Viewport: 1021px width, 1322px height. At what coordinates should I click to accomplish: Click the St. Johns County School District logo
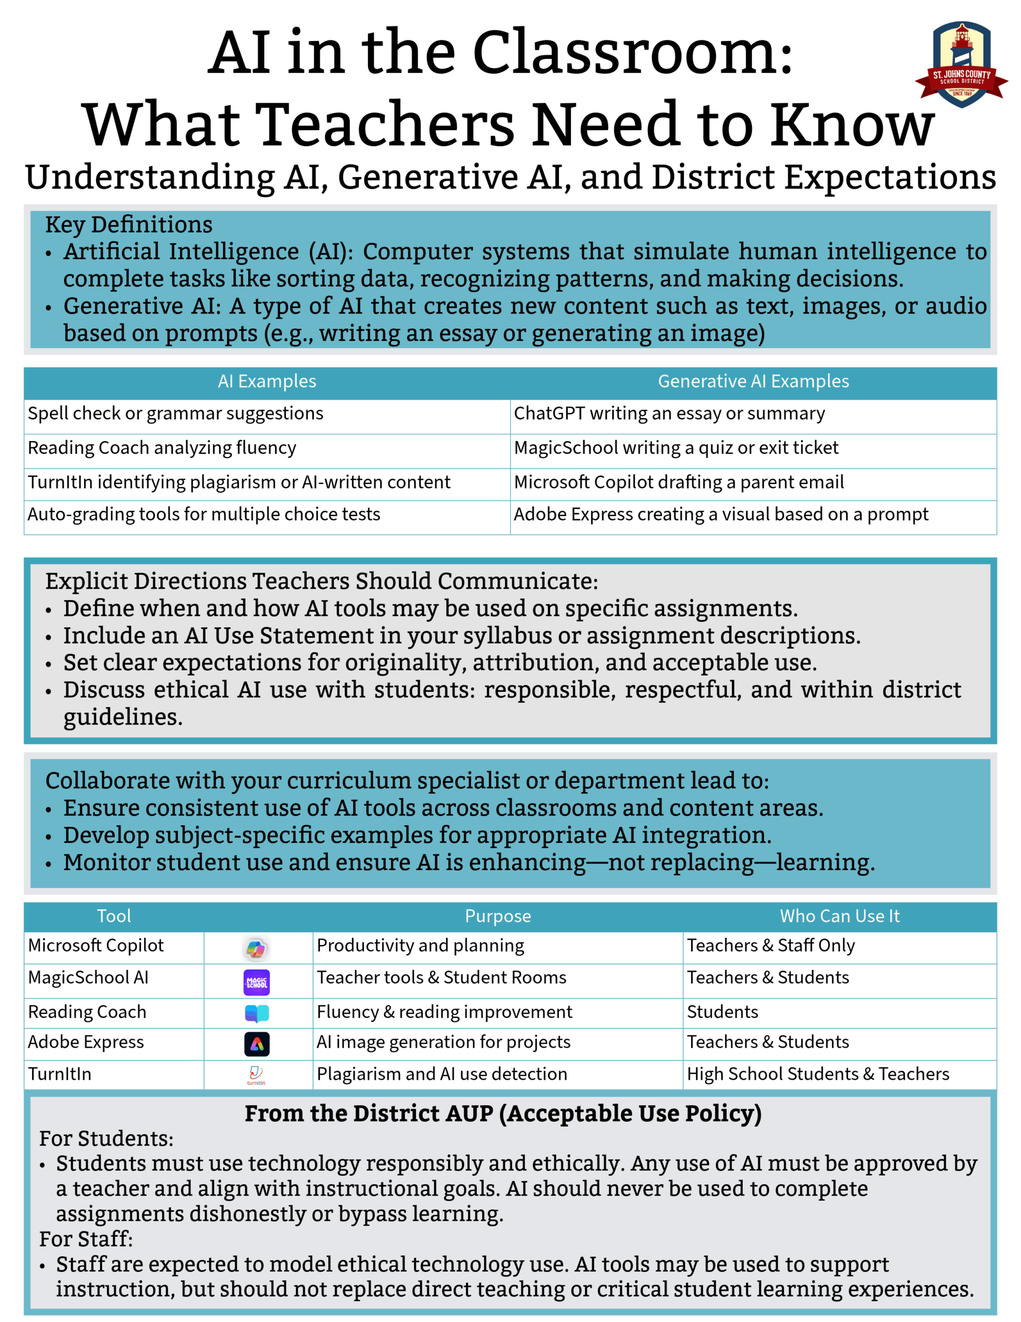[x=961, y=66]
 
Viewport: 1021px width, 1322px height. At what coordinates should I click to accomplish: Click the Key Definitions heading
[x=129, y=225]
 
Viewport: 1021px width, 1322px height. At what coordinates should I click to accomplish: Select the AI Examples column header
[x=267, y=381]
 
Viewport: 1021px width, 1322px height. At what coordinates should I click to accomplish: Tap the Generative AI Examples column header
[x=753, y=381]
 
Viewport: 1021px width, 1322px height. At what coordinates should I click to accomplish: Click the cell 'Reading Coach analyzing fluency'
[x=162, y=448]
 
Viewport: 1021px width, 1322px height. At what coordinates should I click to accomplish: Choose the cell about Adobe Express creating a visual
[x=720, y=514]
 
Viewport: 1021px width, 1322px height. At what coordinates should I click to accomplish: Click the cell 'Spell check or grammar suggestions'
[x=176, y=414]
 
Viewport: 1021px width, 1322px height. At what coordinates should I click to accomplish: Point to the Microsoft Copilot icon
[x=257, y=949]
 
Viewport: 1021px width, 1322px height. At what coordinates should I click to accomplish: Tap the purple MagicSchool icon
[x=257, y=982]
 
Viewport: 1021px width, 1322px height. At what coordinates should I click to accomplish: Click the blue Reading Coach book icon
[x=257, y=1013]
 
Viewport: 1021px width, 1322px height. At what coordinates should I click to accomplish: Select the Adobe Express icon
[x=257, y=1044]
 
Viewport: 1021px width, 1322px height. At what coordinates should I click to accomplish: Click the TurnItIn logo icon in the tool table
[x=256, y=1075]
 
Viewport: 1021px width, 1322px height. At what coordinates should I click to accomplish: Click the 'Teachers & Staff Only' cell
[x=771, y=946]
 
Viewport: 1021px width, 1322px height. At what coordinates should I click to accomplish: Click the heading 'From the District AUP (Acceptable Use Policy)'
[x=503, y=1114]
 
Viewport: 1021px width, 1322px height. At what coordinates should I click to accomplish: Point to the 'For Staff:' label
[x=86, y=1239]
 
